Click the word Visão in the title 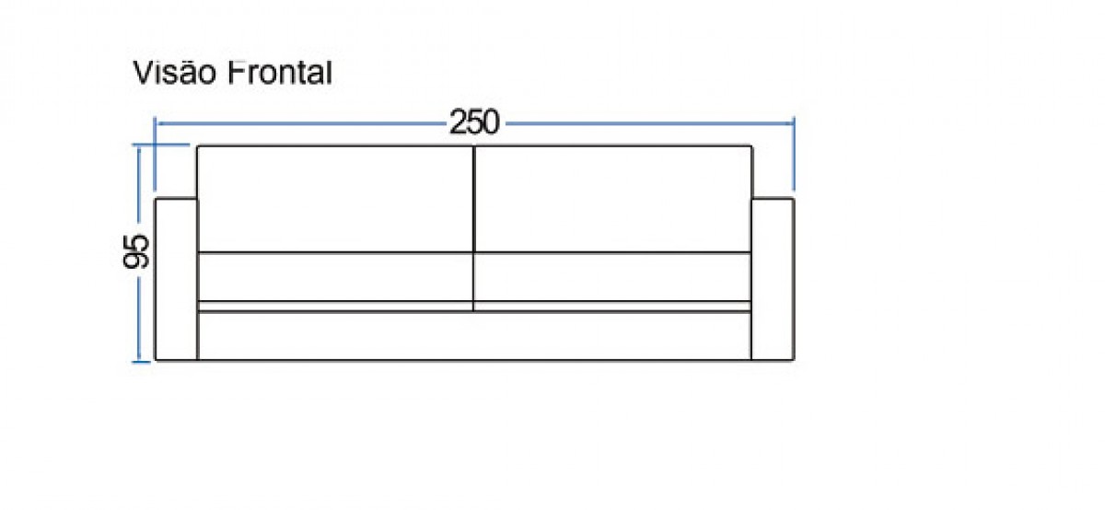coord(175,73)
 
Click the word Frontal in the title coord(279,73)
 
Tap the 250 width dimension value coord(474,122)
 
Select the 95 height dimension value coord(136,251)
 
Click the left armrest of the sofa coord(176,279)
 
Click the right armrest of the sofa coord(773,279)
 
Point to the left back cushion coord(335,199)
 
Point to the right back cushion coord(612,199)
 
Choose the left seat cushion coord(335,277)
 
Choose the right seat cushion coord(612,277)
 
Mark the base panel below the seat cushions coord(474,336)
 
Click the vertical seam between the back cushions coord(473,199)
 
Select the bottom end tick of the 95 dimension coord(141,362)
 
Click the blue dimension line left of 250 coord(301,123)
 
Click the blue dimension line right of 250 coord(650,123)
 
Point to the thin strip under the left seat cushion coord(335,307)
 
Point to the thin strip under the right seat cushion coord(612,307)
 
